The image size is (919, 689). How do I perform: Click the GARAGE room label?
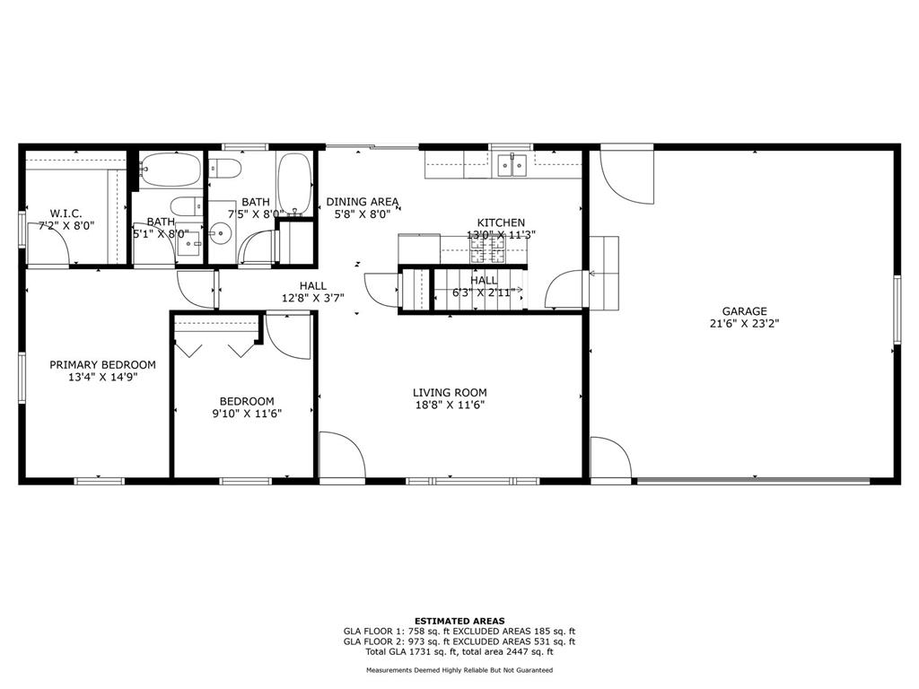[744, 311]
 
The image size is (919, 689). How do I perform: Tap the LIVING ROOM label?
[450, 393]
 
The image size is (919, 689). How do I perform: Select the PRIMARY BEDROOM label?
[102, 365]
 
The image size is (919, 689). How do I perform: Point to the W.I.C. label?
[66, 214]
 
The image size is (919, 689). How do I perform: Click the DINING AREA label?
[363, 202]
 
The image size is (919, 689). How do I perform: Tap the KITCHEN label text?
[501, 222]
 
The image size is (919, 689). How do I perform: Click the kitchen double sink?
[512, 165]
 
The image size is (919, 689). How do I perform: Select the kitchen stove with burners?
[487, 250]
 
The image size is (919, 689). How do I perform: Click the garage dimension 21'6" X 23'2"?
[744, 323]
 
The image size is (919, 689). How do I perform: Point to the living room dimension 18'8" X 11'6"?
[450, 405]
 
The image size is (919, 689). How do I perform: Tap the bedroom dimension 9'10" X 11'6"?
[247, 414]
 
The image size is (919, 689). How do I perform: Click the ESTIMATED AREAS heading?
[459, 621]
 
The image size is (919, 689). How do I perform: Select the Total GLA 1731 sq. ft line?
[459, 651]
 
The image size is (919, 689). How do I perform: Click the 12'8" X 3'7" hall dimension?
[313, 298]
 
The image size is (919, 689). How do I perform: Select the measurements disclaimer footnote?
[459, 670]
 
